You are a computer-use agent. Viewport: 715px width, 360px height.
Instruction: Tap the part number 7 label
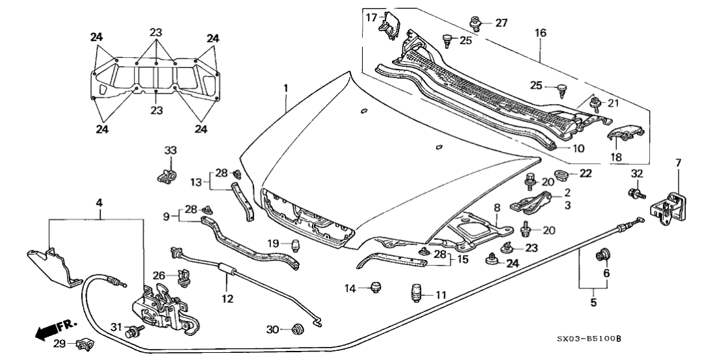pos(677,162)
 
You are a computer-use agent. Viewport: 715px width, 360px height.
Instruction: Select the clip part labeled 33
pos(168,175)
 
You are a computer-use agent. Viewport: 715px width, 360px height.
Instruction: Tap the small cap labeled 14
pos(375,287)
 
